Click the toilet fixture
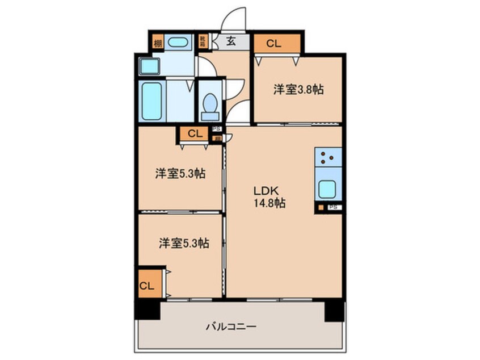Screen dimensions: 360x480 pos(209,106)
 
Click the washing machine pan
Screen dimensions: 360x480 pos(149,66)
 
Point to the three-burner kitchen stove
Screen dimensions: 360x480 pos(329,157)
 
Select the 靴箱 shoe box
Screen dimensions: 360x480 pos(203,41)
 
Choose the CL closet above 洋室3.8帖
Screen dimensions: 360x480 pos(273,43)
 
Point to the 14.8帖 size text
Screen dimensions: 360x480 pos(270,202)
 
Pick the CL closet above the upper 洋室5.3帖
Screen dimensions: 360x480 pos(194,134)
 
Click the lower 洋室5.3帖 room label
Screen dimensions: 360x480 pos(183,244)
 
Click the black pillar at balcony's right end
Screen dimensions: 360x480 pos(334,310)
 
